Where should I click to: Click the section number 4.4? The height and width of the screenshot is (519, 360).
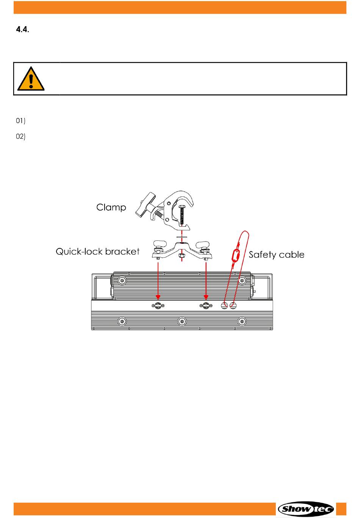(x=22, y=30)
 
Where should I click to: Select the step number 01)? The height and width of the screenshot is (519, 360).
(x=20, y=121)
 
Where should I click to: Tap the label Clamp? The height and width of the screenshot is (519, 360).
(x=111, y=207)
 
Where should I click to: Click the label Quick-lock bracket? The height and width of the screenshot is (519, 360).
(x=97, y=251)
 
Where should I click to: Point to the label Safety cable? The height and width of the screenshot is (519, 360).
(x=276, y=254)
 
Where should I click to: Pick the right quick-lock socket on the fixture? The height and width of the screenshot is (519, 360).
(x=206, y=306)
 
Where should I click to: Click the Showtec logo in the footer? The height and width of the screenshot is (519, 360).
(x=306, y=509)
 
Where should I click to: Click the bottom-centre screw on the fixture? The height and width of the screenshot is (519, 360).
(x=182, y=321)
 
